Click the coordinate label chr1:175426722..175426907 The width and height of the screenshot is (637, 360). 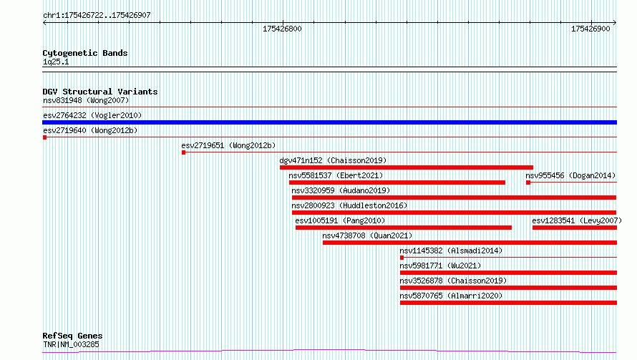click(97, 16)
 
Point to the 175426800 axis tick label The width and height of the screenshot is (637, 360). click(282, 29)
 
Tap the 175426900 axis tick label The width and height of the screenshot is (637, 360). click(590, 29)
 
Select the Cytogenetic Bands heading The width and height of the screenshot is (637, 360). click(85, 53)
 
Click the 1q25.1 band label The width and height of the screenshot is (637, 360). click(56, 62)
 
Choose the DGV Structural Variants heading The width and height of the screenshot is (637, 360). click(100, 92)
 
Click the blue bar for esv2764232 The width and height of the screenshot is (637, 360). click(329, 122)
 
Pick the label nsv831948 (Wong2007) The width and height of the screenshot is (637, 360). click(86, 100)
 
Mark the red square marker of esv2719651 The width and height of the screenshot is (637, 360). click(184, 152)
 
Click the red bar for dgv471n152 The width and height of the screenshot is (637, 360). click(407, 167)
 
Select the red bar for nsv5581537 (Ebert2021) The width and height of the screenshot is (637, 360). click(397, 183)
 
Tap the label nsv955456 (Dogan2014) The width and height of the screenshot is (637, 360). click(570, 175)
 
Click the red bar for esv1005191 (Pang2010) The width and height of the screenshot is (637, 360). click(404, 228)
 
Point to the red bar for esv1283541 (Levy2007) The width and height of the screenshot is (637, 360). click(575, 228)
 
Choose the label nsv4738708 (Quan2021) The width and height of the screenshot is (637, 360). click(367, 235)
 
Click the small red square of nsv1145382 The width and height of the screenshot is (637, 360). click(402, 258)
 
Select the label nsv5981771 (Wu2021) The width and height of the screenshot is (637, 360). click(440, 266)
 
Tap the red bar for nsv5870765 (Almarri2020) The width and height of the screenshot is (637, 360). click(508, 303)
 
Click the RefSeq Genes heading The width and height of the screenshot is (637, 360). click(72, 336)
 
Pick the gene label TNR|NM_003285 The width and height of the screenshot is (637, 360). click(71, 344)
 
